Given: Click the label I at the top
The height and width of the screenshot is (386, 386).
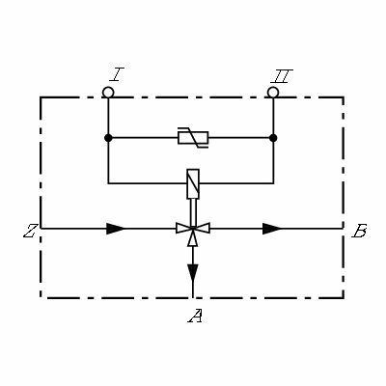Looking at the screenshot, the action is [117, 74].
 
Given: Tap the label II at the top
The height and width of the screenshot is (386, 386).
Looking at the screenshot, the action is [282, 76].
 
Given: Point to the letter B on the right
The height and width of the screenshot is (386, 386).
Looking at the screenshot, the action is [359, 231].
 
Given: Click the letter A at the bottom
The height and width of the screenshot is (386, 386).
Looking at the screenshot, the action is [195, 316].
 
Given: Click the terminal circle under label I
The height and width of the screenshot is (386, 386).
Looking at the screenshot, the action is [108, 93].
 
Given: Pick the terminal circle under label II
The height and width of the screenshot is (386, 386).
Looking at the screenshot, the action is [273, 93].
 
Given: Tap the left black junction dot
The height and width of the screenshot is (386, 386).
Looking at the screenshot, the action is [108, 138].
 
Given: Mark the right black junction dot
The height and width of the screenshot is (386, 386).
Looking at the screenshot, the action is [273, 138].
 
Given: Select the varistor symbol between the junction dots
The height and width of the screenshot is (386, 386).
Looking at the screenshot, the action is [193, 138].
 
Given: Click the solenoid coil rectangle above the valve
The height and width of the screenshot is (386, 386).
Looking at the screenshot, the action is [193, 184].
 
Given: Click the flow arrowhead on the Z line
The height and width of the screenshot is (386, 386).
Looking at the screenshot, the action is [115, 229].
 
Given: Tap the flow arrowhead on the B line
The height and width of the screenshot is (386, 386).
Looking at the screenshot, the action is [272, 229].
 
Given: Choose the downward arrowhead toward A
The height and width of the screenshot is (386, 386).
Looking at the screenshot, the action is [193, 273].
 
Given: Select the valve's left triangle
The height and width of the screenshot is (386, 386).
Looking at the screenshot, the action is [184, 228].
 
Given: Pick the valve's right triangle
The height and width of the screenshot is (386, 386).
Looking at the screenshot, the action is [202, 228].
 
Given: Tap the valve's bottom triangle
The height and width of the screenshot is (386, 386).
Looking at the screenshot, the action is [193, 237].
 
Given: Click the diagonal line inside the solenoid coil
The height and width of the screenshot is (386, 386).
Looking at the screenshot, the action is [193, 184].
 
